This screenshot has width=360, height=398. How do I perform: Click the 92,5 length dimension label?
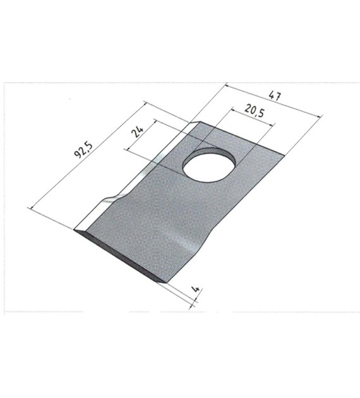83,150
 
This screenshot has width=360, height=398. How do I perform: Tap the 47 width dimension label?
275,97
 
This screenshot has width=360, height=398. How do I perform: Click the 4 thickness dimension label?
196,289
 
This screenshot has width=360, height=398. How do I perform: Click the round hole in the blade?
209,165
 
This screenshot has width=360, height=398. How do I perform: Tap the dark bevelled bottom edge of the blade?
121,256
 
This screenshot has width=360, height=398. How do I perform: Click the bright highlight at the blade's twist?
186,243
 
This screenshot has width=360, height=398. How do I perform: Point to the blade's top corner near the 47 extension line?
200,121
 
